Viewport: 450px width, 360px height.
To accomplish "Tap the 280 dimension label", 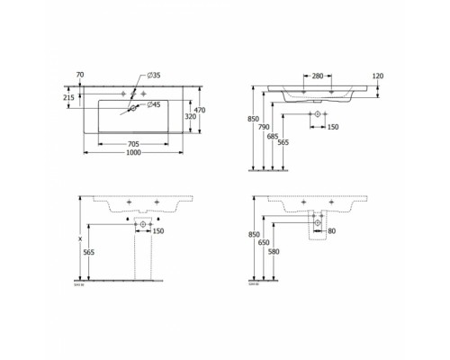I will pyautogui.click(x=317, y=76).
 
